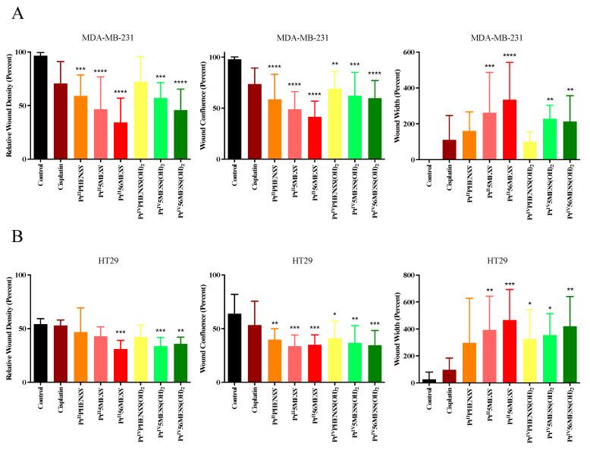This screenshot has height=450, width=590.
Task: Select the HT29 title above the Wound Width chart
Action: [x=497, y=260]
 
